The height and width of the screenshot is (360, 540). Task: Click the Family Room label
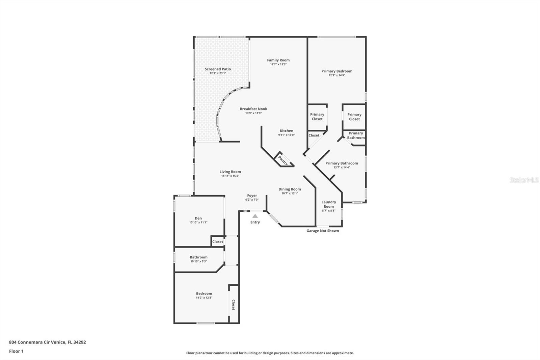278,60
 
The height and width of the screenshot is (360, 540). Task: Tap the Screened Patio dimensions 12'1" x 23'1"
218,73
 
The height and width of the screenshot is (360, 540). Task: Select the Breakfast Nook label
253,109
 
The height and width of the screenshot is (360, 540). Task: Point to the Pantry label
283,160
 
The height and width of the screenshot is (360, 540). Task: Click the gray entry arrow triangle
255,216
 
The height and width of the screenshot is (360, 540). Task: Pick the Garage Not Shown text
323,231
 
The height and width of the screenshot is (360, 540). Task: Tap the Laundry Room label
329,204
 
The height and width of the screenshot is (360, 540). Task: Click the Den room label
198,218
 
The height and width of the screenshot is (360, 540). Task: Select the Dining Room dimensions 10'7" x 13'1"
290,193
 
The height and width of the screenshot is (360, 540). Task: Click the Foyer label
252,196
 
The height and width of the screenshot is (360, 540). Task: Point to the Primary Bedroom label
337,71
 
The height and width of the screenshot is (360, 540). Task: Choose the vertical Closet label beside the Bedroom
233,305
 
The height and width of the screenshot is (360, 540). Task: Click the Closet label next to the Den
217,241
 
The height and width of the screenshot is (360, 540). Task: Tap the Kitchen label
287,131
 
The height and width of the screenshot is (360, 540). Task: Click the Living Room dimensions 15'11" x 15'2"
230,176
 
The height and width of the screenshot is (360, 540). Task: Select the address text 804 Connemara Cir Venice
37,342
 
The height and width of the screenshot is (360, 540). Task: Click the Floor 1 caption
17,351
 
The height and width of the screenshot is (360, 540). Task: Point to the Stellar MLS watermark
524,180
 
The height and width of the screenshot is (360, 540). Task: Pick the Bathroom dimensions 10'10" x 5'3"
198,261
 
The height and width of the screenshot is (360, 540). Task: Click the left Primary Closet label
317,117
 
